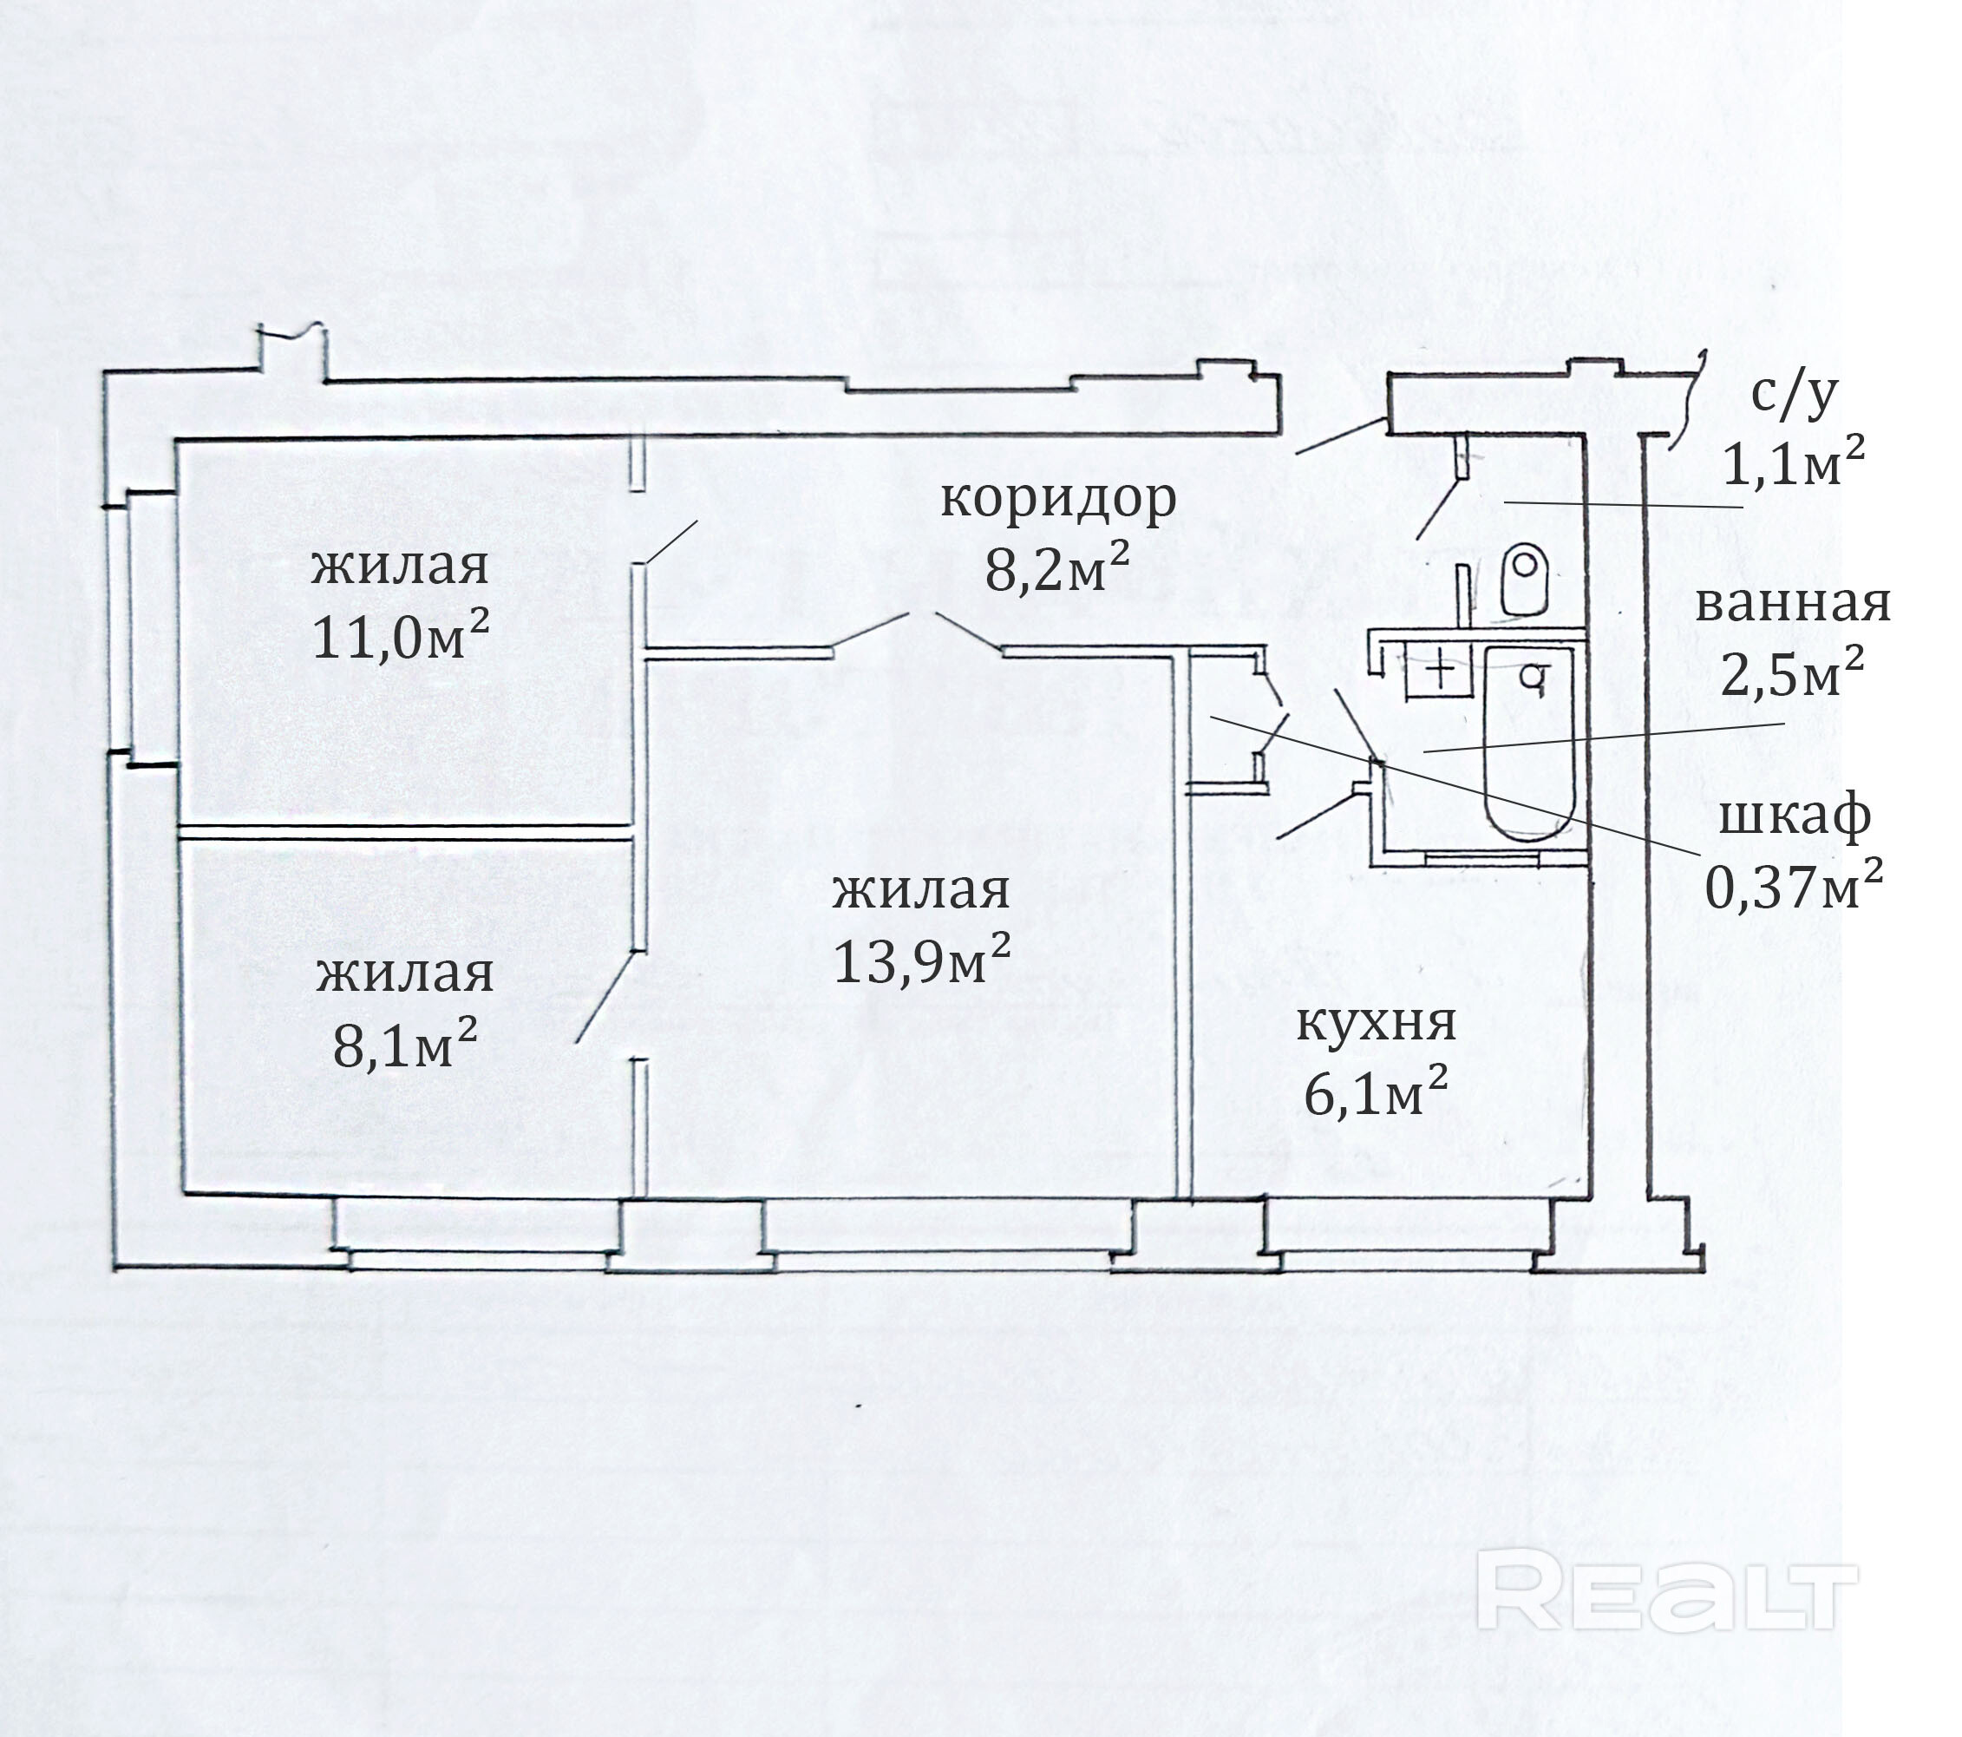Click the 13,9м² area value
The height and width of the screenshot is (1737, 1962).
pos(920,960)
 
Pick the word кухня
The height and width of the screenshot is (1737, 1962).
pos(1376,1023)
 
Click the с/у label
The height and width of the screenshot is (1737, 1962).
pos(1793,393)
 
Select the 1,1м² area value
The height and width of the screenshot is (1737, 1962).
pos(1793,464)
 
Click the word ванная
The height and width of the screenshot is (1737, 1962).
pos(1793,605)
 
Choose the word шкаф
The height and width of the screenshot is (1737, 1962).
pos(1793,817)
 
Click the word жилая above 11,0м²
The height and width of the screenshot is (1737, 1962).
pos(400,567)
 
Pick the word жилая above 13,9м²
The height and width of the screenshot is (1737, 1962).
pos(920,891)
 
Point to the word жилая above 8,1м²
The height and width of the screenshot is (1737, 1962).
pos(405,975)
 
